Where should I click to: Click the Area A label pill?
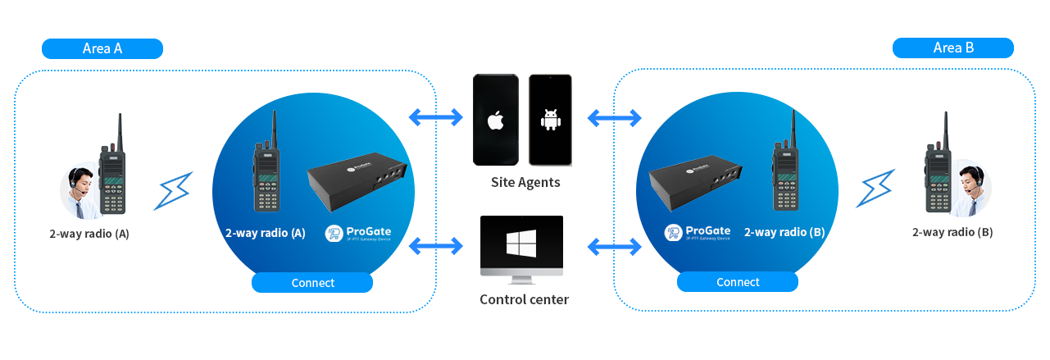tap(102, 48)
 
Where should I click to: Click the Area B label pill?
tap(953, 48)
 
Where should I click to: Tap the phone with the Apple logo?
tap(495, 120)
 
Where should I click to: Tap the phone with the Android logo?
tap(550, 120)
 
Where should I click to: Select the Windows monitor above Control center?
tap(521, 244)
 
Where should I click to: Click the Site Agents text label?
tap(525, 182)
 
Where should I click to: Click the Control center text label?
tap(524, 299)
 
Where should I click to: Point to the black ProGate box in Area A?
tap(357, 185)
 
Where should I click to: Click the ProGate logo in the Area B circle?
tap(698, 233)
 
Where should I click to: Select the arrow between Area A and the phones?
tap(435, 117)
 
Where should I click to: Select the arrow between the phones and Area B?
tap(615, 118)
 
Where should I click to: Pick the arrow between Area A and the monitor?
tap(435, 244)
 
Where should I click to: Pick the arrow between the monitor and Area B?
tap(615, 244)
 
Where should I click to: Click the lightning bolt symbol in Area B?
tap(876, 189)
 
